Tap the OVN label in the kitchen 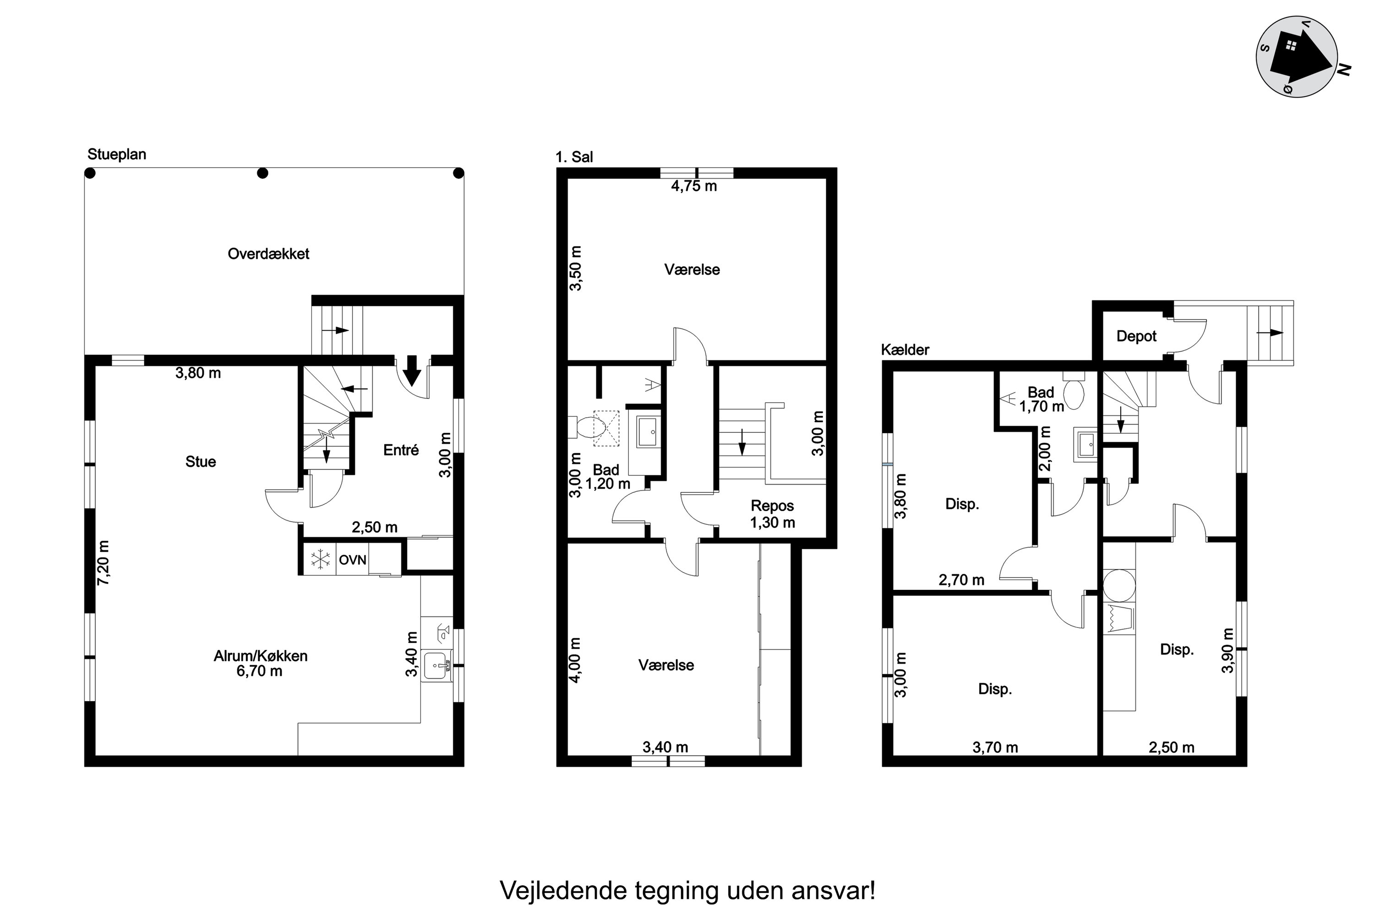352,560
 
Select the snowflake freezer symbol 320,560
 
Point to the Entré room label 401,449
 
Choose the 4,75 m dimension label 693,186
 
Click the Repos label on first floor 772,505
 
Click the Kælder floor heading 905,349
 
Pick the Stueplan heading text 117,154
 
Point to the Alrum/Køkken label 260,656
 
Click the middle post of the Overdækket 263,173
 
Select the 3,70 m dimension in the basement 995,747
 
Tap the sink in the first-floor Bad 648,432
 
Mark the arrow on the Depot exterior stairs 1270,333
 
